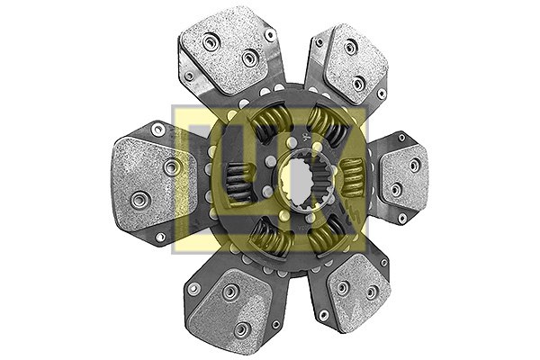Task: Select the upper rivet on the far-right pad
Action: (414, 165)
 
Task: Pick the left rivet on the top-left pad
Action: (211, 41)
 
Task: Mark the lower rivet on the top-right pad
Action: (358, 84)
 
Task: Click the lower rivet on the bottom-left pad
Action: (239, 329)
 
